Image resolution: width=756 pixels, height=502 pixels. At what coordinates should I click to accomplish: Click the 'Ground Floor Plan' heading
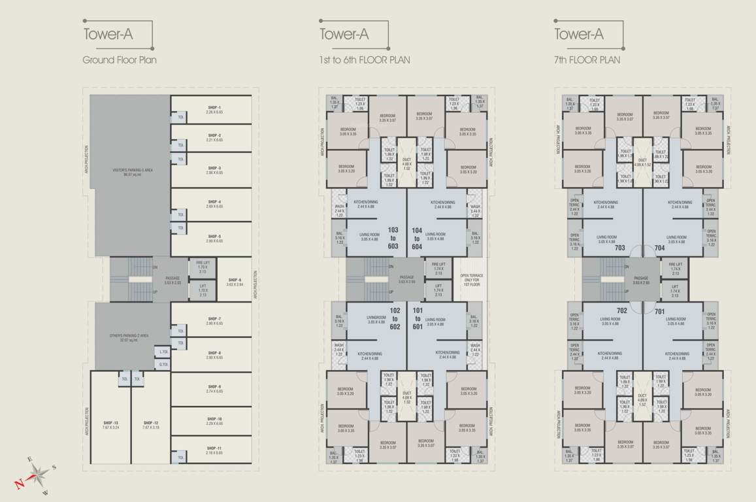click(120, 60)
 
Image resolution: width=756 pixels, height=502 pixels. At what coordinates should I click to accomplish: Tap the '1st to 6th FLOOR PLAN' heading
click(365, 60)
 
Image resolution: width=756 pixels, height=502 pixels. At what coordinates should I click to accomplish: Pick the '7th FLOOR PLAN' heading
click(587, 60)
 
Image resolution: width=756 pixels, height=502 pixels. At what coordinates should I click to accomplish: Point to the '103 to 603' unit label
click(393, 239)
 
